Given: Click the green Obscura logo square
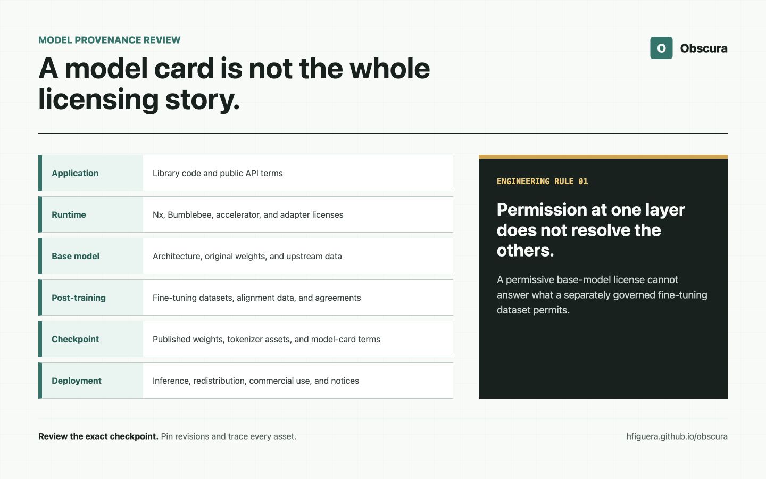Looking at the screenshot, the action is (661, 48).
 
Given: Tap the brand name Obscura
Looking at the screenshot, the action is (704, 48).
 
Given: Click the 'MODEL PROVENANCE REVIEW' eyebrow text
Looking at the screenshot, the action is (110, 40).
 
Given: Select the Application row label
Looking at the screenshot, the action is (75, 173).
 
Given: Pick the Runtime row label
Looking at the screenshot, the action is (69, 214).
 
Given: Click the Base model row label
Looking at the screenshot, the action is (76, 257).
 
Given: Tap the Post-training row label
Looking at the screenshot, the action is (79, 298).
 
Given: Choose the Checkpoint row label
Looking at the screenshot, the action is (75, 339).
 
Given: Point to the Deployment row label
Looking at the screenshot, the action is (77, 381).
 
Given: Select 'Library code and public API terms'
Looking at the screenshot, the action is (218, 173).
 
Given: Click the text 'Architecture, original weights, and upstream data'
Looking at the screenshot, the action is (247, 257).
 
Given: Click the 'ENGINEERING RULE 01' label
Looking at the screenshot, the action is (543, 181).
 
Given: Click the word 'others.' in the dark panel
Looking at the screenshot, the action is (525, 251).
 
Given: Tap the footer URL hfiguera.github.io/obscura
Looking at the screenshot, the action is (677, 436).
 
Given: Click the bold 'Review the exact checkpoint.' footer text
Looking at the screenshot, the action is (98, 436).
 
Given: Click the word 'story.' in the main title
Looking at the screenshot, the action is (203, 100).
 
